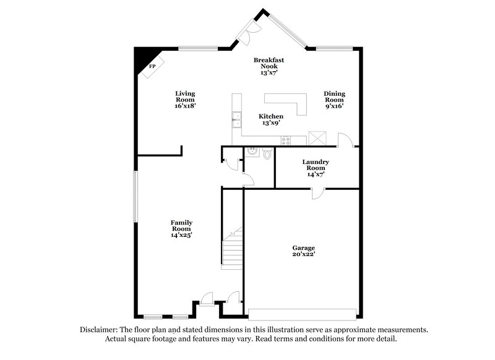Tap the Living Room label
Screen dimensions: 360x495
185,99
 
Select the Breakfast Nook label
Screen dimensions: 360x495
268,66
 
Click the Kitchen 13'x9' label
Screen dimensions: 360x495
271,119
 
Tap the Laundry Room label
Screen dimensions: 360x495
315,168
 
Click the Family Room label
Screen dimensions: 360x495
181,228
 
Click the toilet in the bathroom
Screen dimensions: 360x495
267,153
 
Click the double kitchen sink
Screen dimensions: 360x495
236,119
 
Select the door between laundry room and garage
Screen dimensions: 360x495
317,194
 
